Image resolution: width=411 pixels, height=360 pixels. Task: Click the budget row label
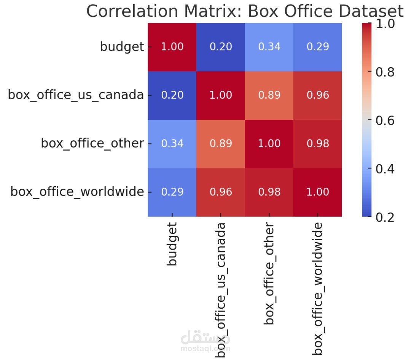(122, 47)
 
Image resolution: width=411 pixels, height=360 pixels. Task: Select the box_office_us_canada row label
(76, 95)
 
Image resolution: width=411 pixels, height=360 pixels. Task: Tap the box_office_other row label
(92, 143)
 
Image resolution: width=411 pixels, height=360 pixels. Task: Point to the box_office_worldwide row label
(77, 192)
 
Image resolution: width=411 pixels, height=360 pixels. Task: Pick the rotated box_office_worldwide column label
(317, 289)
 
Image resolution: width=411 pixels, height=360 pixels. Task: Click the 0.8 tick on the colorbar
(384, 72)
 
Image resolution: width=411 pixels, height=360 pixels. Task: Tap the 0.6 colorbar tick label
(384, 121)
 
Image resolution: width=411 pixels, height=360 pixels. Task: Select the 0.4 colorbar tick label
(384, 169)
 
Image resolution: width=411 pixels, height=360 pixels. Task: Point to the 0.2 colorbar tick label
(384, 217)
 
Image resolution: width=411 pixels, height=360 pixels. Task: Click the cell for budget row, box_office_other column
(269, 47)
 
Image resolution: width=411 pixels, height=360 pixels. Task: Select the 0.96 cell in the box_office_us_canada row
(317, 95)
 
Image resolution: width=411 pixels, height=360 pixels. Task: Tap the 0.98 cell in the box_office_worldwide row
(269, 192)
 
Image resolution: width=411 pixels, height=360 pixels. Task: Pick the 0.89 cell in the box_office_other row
(221, 143)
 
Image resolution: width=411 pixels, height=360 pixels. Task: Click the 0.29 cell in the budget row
(317, 47)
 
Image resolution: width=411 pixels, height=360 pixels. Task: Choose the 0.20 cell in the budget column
(172, 95)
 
